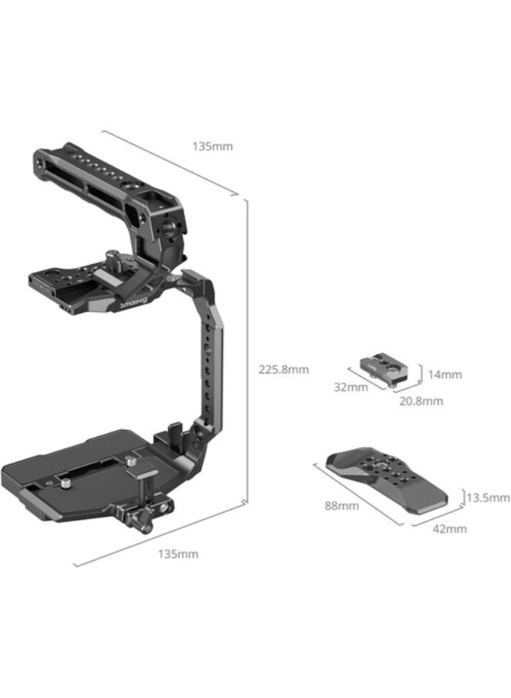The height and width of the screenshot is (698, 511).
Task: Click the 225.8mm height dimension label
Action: (x=283, y=370)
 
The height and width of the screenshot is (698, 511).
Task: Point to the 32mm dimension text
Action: (x=352, y=387)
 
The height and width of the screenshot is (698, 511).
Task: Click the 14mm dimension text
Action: (x=444, y=374)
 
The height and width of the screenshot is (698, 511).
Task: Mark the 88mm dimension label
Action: (x=341, y=506)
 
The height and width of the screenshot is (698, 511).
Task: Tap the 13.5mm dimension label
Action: (x=487, y=497)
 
